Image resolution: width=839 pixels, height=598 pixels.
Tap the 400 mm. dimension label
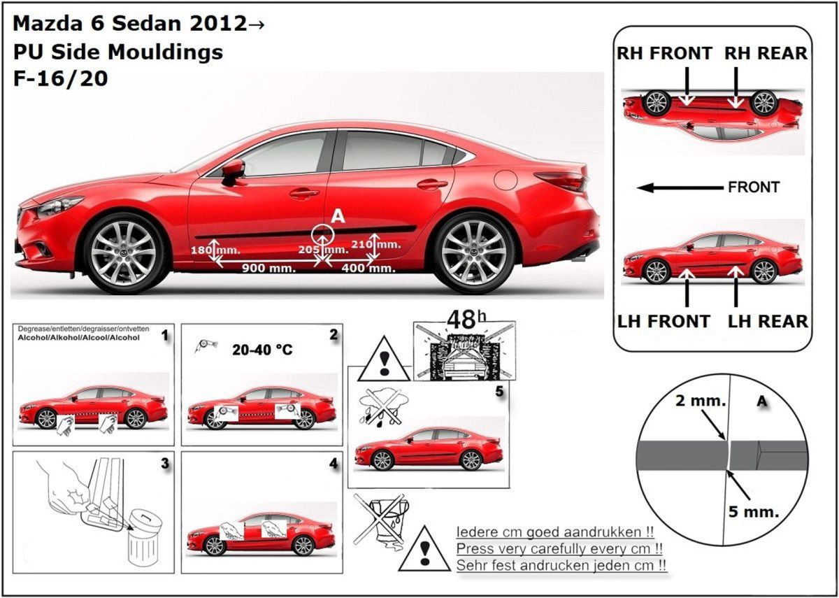pos(367,268)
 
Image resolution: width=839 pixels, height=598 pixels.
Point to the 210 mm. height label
pos(385,244)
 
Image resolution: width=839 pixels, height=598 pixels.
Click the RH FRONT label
pos(664,53)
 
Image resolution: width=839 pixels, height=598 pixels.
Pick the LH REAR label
pos(768,321)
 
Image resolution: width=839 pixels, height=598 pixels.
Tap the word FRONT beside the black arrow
pos(754,187)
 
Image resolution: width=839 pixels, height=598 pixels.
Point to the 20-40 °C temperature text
pos(262,350)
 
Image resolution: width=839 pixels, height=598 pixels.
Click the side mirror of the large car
pos(233,170)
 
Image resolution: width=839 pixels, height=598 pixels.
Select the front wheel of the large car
pos(124,252)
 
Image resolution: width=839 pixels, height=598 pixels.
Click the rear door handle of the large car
pos(431,185)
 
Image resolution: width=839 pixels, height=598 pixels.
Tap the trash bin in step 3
pos(144,537)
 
